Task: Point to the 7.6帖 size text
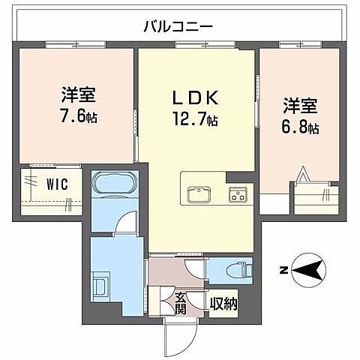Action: pyautogui.click(x=79, y=117)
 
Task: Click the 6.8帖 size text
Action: pyautogui.click(x=300, y=127)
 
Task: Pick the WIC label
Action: pyautogui.click(x=54, y=182)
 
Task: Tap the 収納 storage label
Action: pyautogui.click(x=223, y=304)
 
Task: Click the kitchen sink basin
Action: pyautogui.click(x=199, y=194)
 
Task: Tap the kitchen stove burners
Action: pyautogui.click(x=239, y=195)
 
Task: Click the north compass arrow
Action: pyautogui.click(x=307, y=269)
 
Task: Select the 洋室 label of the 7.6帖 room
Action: pyautogui.click(x=79, y=96)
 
